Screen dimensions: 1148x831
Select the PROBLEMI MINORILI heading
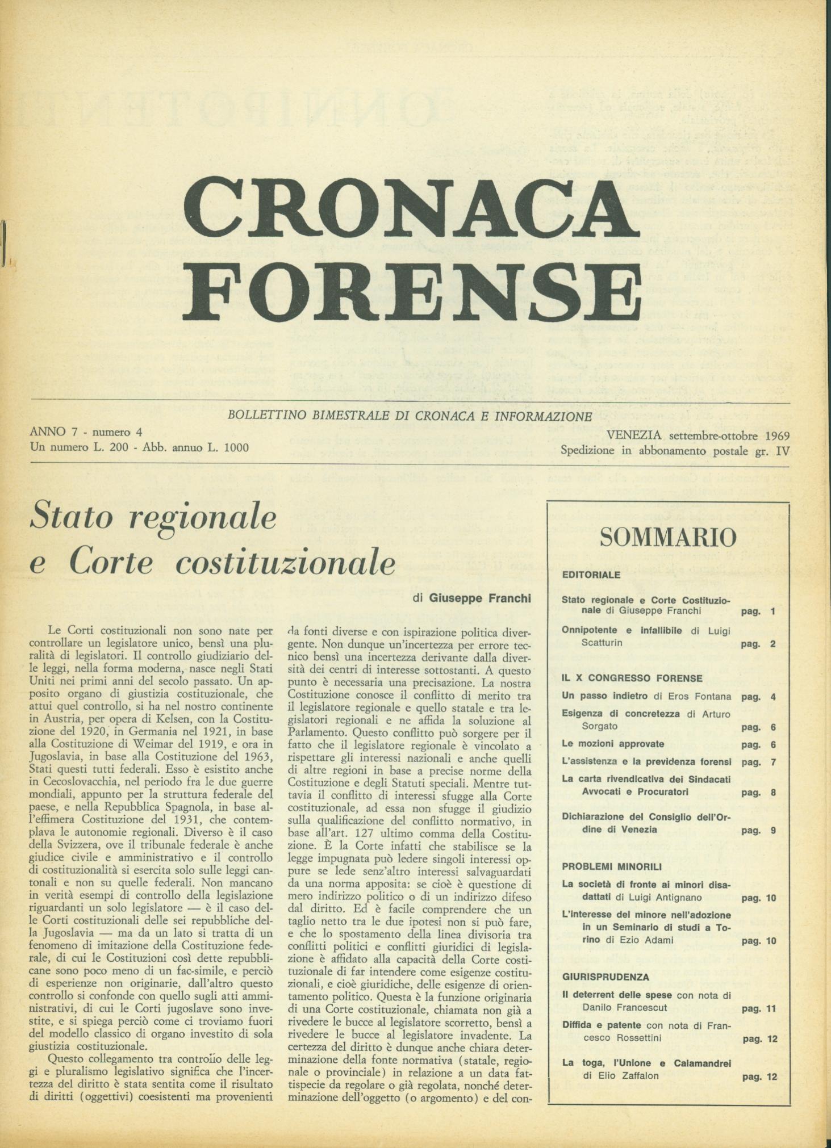(611, 866)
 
